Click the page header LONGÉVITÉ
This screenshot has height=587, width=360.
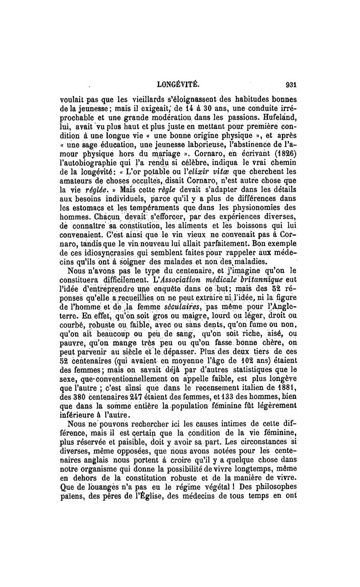coord(177,84)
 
